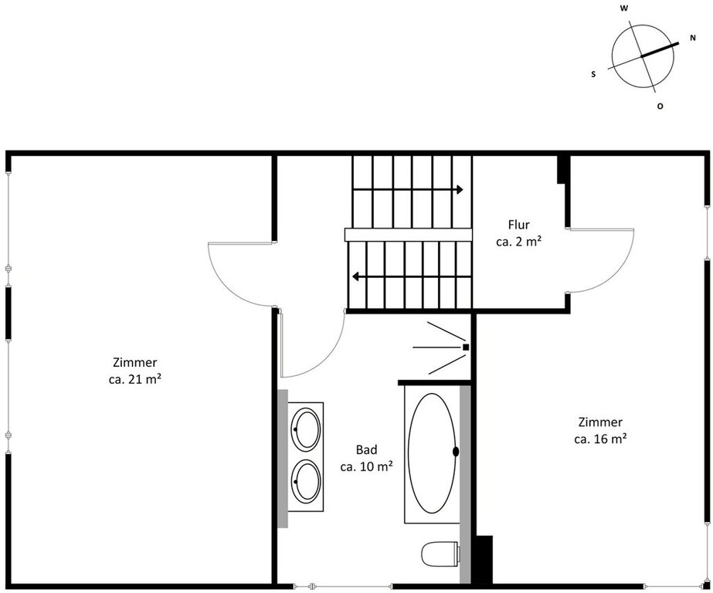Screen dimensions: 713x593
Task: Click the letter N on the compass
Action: (693, 38)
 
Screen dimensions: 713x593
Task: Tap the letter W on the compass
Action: (624, 8)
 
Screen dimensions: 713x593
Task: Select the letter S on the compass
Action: (593, 75)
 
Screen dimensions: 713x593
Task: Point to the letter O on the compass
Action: (660, 107)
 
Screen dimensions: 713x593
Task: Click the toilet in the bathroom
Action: (440, 554)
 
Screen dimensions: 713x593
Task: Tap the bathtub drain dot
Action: (456, 451)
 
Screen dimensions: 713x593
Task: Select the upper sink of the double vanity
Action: (306, 429)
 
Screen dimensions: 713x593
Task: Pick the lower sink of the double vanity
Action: (306, 481)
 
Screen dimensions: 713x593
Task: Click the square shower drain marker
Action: (466, 347)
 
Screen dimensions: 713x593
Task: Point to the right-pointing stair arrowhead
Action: (460, 189)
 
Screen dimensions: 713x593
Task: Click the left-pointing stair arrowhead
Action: (356, 276)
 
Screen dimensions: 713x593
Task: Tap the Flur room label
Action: (519, 225)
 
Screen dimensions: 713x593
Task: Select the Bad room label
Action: (366, 450)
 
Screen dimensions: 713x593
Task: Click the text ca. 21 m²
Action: (135, 379)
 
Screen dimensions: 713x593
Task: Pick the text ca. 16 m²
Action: (600, 439)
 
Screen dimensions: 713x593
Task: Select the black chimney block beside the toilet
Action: (482, 559)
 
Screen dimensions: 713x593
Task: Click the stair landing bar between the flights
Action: (409, 235)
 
